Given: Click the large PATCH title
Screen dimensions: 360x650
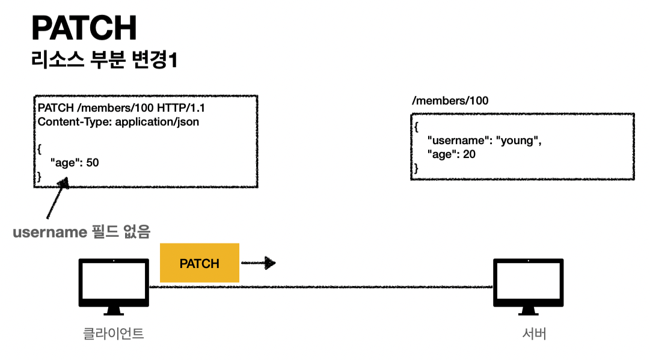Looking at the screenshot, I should click(x=84, y=28).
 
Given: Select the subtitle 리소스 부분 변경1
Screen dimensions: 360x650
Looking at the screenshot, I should click(x=104, y=61).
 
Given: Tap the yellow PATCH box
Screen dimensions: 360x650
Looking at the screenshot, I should click(x=200, y=263).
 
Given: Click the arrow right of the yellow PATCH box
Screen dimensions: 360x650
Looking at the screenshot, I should click(x=258, y=263).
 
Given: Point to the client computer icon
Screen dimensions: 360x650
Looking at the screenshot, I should click(x=114, y=286).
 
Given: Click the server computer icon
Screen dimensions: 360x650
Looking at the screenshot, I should click(x=528, y=286).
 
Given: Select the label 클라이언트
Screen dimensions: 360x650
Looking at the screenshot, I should click(x=114, y=334).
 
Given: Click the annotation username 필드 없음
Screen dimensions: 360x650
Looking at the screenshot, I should click(x=82, y=232).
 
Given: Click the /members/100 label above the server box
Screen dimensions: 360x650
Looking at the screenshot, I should click(x=450, y=101).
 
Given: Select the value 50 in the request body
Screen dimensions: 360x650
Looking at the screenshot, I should click(x=93, y=162).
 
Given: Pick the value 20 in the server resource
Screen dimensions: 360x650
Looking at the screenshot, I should click(x=470, y=154).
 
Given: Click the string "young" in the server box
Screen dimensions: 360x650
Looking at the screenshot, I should click(x=518, y=141).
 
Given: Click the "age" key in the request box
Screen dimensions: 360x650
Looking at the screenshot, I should click(x=66, y=162).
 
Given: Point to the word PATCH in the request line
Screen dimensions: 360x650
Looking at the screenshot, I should click(x=54, y=108).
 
